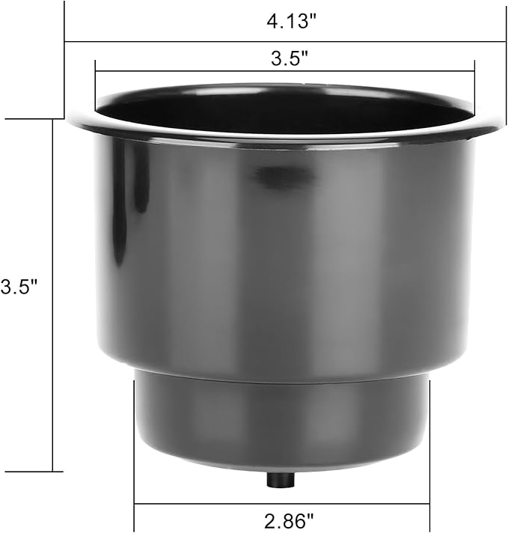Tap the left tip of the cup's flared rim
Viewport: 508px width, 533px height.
pyautogui.click(x=70, y=121)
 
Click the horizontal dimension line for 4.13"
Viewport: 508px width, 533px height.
pyautogui.click(x=187, y=41)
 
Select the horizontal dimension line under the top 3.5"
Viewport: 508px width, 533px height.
pyautogui.click(x=187, y=72)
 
